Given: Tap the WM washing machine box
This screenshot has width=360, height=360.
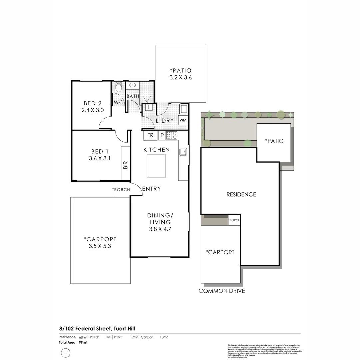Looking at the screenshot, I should [183, 120].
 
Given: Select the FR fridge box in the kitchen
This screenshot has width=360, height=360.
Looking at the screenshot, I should [150, 136].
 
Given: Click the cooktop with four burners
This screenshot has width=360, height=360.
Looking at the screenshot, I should [171, 135].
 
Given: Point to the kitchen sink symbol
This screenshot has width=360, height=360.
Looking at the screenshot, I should [183, 152].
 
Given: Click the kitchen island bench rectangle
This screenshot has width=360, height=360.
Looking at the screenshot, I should [156, 166].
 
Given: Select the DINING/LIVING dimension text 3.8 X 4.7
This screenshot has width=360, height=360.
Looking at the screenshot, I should [159, 229].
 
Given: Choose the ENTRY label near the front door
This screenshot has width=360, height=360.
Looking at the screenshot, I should [151, 189].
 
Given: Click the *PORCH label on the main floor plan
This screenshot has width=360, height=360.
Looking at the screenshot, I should [121, 190].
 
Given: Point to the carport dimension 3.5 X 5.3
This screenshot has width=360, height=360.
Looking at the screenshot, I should [100, 246].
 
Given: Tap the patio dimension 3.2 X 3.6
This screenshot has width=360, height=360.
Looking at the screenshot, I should [180, 77].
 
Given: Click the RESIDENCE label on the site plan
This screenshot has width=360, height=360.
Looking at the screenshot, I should [241, 194].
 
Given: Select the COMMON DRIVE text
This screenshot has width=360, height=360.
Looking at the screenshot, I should [222, 291].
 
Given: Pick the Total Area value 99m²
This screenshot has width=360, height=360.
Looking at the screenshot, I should [83, 342].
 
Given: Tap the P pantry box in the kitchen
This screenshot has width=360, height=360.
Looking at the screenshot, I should [162, 136].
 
